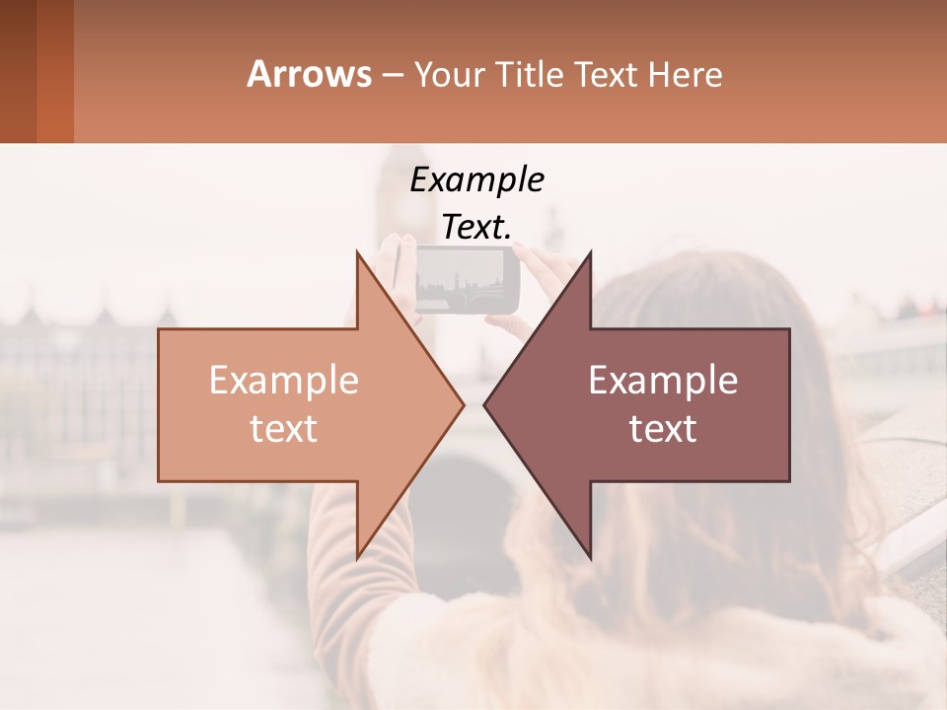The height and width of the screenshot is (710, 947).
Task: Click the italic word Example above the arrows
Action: (476, 179)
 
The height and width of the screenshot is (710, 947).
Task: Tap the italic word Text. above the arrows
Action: (476, 227)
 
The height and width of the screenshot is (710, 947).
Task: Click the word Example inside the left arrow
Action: (284, 381)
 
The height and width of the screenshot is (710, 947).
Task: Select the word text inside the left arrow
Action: (284, 429)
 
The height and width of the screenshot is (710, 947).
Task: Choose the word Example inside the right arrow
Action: (663, 381)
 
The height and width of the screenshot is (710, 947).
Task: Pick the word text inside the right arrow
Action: (663, 429)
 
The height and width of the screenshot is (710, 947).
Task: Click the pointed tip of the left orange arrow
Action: (464, 404)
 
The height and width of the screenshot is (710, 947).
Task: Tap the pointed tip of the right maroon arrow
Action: (484, 404)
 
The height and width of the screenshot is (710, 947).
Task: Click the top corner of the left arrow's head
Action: (356, 252)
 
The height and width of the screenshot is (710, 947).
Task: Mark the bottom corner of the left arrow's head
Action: (356, 557)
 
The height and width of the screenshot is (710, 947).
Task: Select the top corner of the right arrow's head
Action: (591, 252)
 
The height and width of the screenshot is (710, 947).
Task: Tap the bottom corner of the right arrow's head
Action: (591, 557)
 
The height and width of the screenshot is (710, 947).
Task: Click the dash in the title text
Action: (392, 75)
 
